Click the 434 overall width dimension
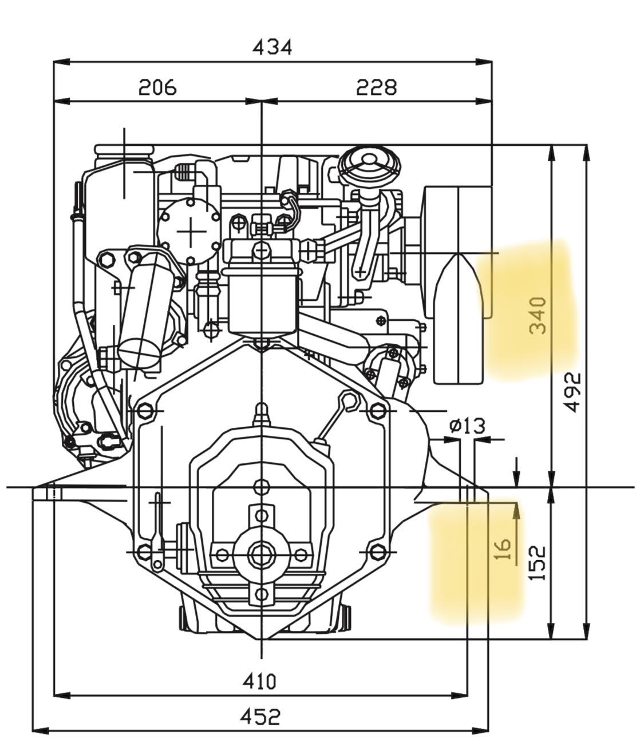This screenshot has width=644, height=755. coord(272,47)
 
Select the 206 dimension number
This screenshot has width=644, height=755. coord(157,87)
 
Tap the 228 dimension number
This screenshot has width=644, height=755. coord(376,87)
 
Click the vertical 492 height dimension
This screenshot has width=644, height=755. coord(572,392)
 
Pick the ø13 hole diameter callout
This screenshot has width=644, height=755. coord(467,426)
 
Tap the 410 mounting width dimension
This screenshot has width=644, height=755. coord(259,681)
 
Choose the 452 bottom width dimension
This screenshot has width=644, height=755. coord(260,716)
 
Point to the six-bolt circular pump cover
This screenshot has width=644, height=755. coord(188,232)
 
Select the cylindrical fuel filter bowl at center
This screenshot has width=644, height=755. coord(263,300)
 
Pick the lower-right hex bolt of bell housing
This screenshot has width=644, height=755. coord(377,552)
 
